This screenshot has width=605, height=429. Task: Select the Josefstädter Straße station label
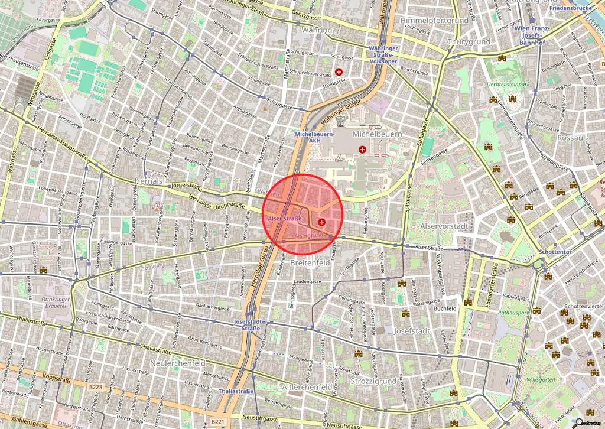[252, 325]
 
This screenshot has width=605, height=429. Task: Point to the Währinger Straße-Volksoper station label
[383, 54]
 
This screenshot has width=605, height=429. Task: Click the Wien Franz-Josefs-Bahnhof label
[531, 36]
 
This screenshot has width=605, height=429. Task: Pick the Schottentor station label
[554, 252]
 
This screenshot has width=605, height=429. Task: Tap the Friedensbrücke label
[570, 9]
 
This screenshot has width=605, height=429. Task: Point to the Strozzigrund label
[373, 381]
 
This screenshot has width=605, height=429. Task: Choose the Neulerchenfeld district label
[178, 363]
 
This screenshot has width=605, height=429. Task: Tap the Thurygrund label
[469, 42]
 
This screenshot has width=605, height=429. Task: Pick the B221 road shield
[217, 422]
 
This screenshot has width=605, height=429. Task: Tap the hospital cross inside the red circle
[321, 222]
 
